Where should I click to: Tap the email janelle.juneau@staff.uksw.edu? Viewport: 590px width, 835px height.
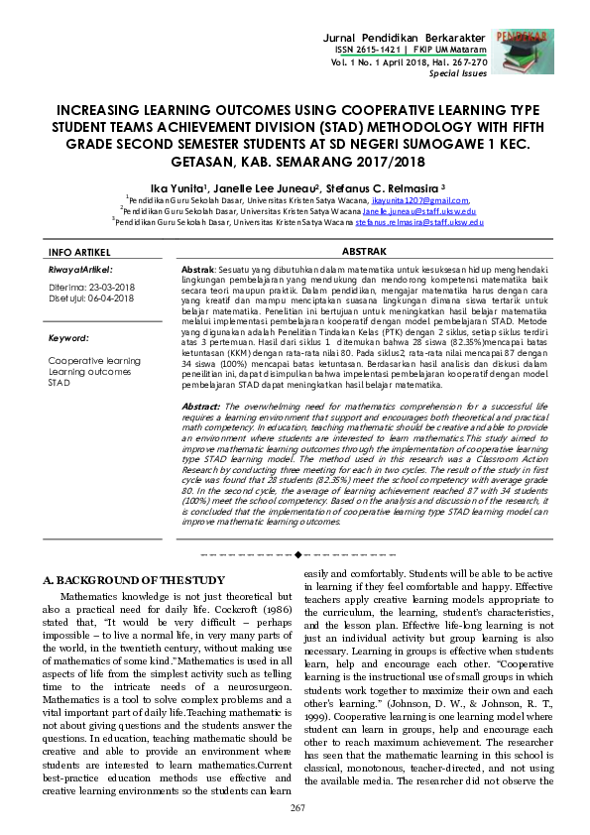(418, 211)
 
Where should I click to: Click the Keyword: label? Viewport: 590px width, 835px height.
(69, 338)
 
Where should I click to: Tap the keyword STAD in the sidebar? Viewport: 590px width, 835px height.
(59, 382)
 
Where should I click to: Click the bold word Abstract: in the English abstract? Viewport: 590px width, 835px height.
(202, 408)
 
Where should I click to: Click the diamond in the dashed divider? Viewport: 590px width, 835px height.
(301, 550)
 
